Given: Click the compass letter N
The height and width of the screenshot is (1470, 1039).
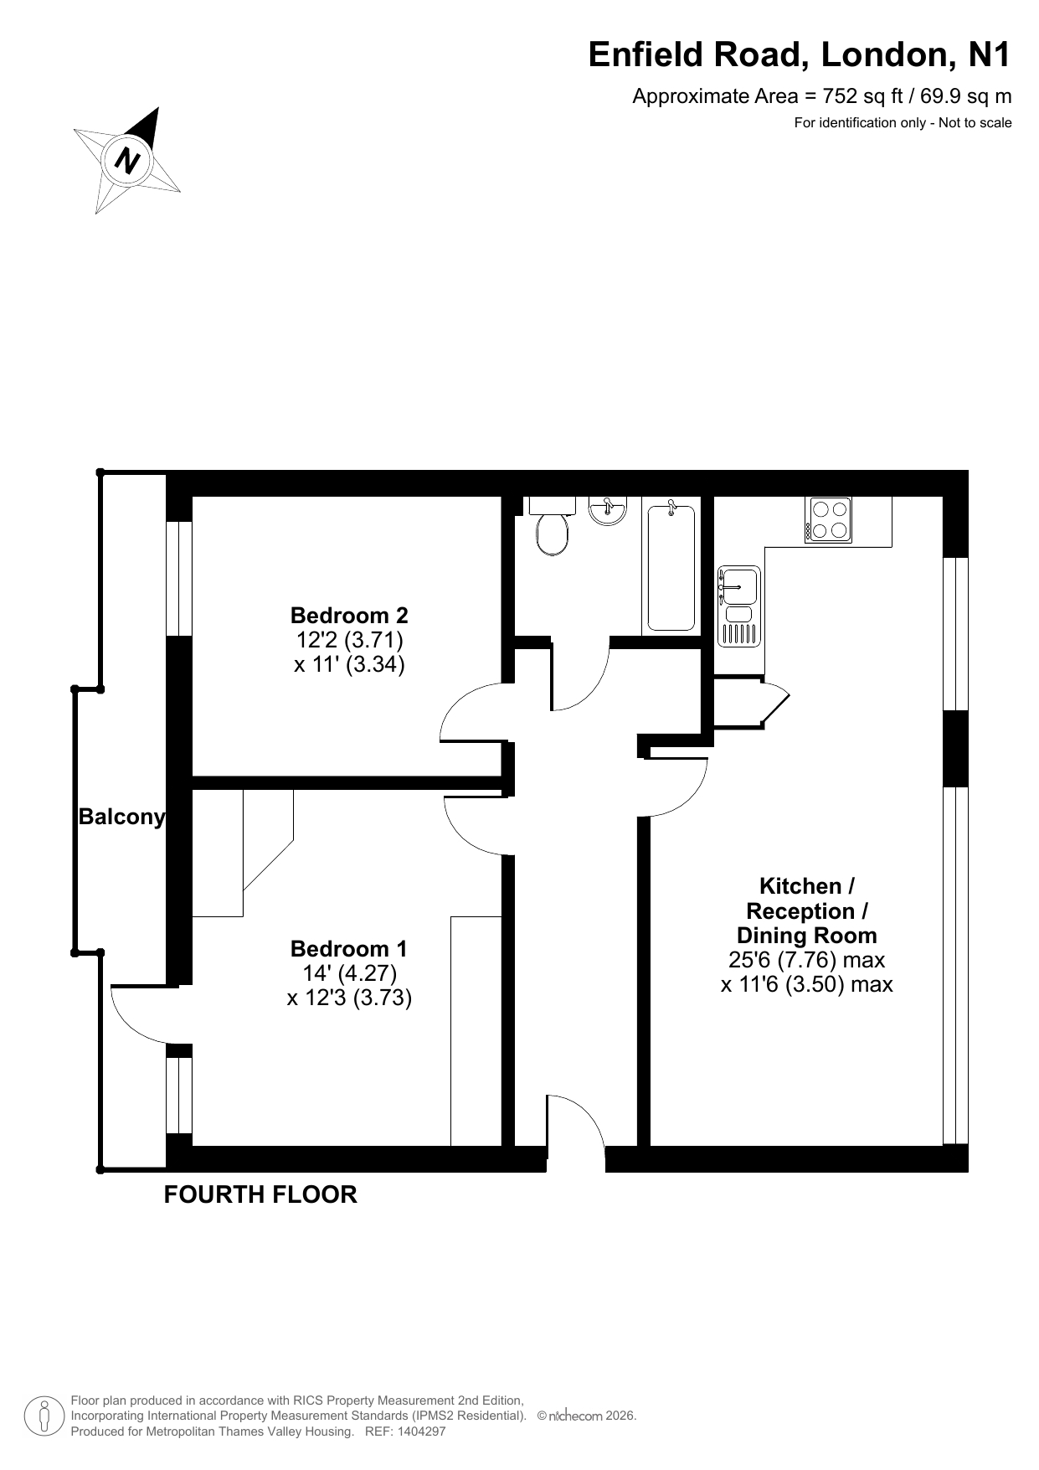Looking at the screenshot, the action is pos(127,159).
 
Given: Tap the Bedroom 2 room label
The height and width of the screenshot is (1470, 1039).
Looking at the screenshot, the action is pos(349,616).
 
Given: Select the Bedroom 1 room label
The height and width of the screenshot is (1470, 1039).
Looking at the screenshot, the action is pos(348,949).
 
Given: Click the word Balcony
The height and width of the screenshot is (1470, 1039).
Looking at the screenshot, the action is pos(122,818).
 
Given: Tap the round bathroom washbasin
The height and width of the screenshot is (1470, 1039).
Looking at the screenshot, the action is pos(607,510).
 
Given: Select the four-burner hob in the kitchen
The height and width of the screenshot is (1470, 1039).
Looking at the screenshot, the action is pos(828,519).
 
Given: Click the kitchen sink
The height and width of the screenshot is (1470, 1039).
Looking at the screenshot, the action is pos(738,606).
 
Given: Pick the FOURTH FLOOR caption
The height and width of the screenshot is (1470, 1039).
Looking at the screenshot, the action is pos(260,1194).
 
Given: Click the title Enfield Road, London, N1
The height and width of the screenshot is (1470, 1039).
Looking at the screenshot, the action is pos(800,54).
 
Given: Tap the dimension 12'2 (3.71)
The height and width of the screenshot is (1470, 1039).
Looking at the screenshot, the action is pos(350,641).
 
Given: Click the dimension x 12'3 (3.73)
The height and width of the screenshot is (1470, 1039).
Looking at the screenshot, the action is pos(349,998).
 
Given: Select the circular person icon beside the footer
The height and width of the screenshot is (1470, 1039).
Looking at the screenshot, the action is pos(44,1416).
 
